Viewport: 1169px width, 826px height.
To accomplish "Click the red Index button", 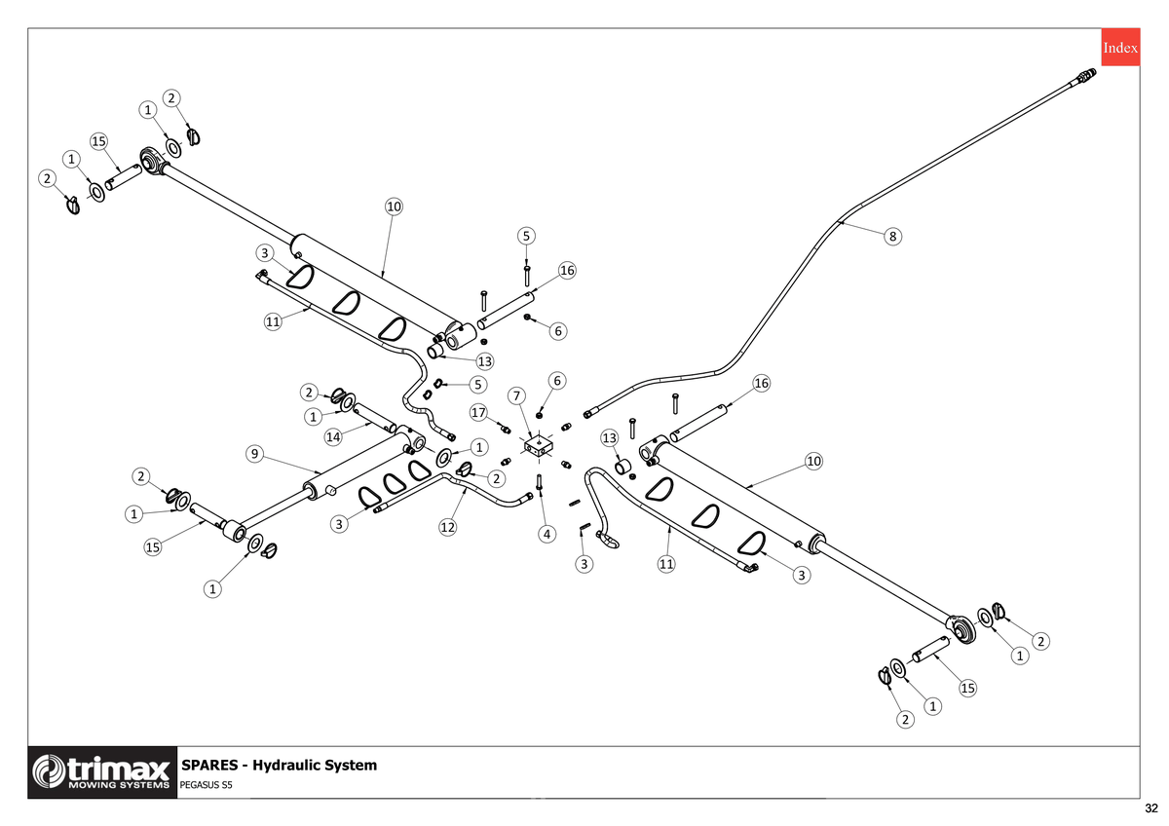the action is [1120, 48].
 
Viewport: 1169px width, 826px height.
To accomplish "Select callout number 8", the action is [892, 237].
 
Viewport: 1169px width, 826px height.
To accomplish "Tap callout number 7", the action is [516, 396].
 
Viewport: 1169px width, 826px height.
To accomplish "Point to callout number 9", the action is [254, 454].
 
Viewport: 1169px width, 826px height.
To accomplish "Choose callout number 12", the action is [448, 528].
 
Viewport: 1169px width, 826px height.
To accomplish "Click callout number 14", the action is [333, 436].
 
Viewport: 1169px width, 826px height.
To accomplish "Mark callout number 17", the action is [478, 412].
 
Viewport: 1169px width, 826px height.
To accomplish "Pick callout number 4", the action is [547, 535].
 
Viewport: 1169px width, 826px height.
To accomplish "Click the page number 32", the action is [1151, 808].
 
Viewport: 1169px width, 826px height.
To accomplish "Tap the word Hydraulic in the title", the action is [286, 766].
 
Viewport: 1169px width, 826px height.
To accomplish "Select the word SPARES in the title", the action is [209, 765].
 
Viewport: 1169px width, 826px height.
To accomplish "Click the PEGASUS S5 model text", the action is [206, 785].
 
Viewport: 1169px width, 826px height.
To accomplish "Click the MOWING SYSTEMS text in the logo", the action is [120, 785].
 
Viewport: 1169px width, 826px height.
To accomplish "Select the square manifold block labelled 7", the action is [539, 445].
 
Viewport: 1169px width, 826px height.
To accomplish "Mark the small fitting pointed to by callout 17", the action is [506, 430].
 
